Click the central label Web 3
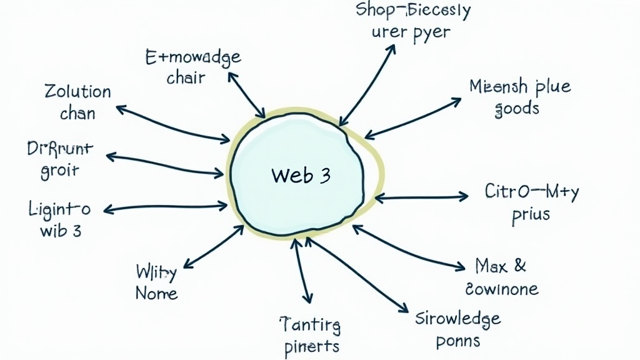tap(301, 176)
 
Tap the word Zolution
tap(77, 92)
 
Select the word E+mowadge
tap(192, 59)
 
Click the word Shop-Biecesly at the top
tap(412, 11)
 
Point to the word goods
tap(516, 109)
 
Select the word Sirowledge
tap(458, 319)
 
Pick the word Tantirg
tap(309, 324)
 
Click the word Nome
tap(156, 293)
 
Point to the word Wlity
tap(156, 272)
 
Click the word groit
tap(60, 171)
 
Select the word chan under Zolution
tap(77, 114)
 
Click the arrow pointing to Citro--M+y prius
tap(421, 197)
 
